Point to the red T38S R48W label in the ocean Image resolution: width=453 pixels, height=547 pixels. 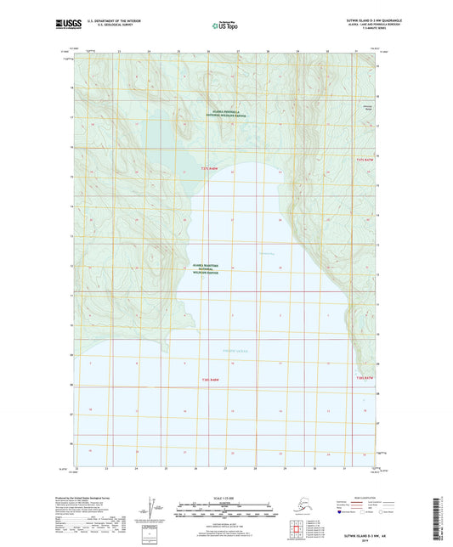(x=212, y=380)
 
